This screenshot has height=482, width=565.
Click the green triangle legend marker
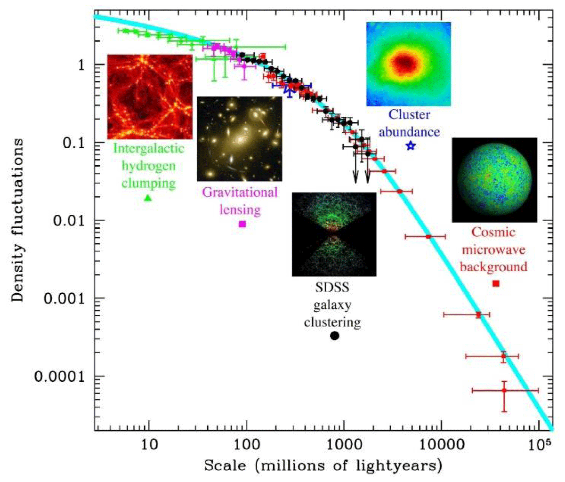point(148,198)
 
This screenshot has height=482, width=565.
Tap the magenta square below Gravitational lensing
point(242,224)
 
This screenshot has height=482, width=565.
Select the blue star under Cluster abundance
point(411,146)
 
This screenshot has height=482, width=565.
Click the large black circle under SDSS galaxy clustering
point(335,336)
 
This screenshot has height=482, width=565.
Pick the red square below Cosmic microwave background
point(495,283)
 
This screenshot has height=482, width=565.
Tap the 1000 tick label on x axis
point(344,444)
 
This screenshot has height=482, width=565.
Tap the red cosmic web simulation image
point(150,96)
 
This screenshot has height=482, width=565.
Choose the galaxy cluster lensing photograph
point(239,139)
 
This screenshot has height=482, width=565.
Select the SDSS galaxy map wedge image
point(334,234)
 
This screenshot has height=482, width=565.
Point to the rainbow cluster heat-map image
point(408,64)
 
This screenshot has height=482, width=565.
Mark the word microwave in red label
point(493,249)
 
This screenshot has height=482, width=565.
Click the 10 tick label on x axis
point(149,444)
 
